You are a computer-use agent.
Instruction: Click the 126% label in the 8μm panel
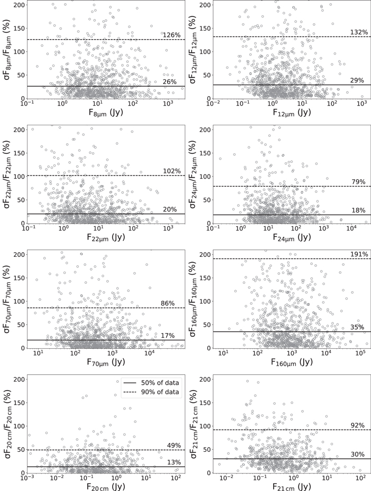click(x=171, y=35)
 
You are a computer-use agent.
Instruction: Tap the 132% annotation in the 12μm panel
click(x=359, y=32)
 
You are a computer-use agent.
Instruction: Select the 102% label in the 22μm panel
click(x=171, y=171)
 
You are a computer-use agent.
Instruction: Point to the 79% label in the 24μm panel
click(x=358, y=182)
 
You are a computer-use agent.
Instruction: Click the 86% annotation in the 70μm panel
click(x=167, y=303)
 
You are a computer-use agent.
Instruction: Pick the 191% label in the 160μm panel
click(x=359, y=254)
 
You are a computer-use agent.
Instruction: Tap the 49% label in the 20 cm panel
click(x=174, y=445)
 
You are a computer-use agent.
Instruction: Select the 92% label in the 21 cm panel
click(x=358, y=425)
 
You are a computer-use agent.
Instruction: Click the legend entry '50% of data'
click(x=160, y=382)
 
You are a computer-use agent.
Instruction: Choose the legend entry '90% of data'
click(x=160, y=392)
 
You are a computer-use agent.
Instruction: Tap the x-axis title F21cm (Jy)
click(x=292, y=487)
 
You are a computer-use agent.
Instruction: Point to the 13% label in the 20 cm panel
click(x=174, y=462)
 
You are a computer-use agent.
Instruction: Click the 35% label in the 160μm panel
click(x=357, y=327)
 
